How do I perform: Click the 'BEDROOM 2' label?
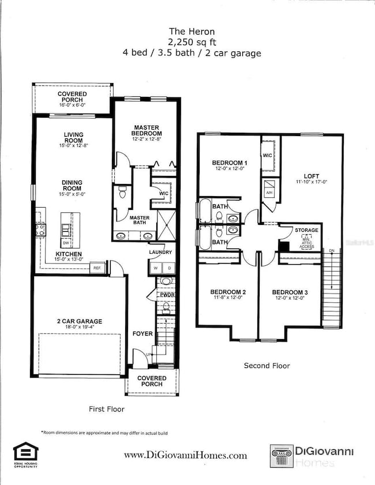(x=228, y=292)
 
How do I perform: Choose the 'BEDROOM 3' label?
(x=290, y=292)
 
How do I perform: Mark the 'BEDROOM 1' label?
(x=228, y=163)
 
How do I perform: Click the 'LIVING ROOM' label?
(x=73, y=138)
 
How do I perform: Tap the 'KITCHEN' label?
(x=68, y=254)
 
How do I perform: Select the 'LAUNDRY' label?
(x=160, y=252)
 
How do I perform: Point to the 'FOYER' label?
(x=142, y=333)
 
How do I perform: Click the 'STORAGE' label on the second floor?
(x=306, y=230)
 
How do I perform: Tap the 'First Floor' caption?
(x=106, y=409)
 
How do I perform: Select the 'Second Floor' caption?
(x=267, y=366)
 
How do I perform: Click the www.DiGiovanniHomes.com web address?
(x=185, y=455)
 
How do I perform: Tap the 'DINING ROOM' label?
(x=73, y=186)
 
